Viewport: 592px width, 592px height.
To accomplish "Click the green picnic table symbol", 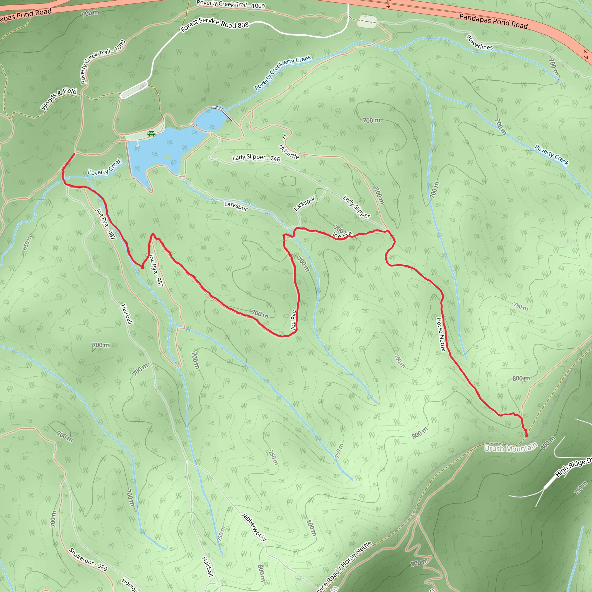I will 151,134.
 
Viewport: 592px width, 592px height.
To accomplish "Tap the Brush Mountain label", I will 511,448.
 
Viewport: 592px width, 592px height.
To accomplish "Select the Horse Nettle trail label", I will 441,334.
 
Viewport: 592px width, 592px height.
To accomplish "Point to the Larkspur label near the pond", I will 236,206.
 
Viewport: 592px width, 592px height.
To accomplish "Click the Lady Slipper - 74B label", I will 256,158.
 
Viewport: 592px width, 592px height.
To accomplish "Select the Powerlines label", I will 479,42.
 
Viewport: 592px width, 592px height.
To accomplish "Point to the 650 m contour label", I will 27,242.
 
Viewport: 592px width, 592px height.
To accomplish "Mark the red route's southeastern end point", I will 526,435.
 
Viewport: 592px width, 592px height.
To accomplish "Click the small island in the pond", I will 167,157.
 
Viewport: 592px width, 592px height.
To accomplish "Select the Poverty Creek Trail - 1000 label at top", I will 230,4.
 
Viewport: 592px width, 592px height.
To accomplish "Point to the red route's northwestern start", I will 74,154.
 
